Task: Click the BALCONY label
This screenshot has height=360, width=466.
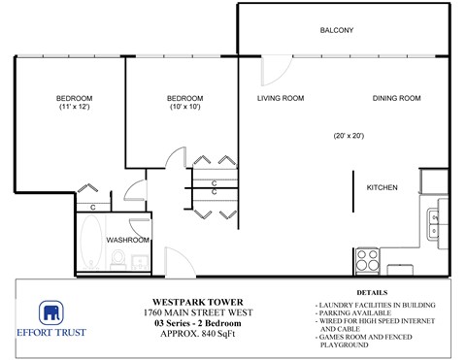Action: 336,31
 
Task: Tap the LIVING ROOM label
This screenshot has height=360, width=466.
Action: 281,99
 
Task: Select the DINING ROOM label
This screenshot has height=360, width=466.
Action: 396,99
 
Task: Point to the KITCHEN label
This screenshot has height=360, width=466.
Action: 381,187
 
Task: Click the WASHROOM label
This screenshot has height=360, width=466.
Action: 127,240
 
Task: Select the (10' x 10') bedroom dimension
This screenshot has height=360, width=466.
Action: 184,108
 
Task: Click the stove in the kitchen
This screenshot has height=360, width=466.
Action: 367,259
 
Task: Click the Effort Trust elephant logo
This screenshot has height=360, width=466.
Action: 51,313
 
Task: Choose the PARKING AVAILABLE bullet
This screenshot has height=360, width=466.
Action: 353,313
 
